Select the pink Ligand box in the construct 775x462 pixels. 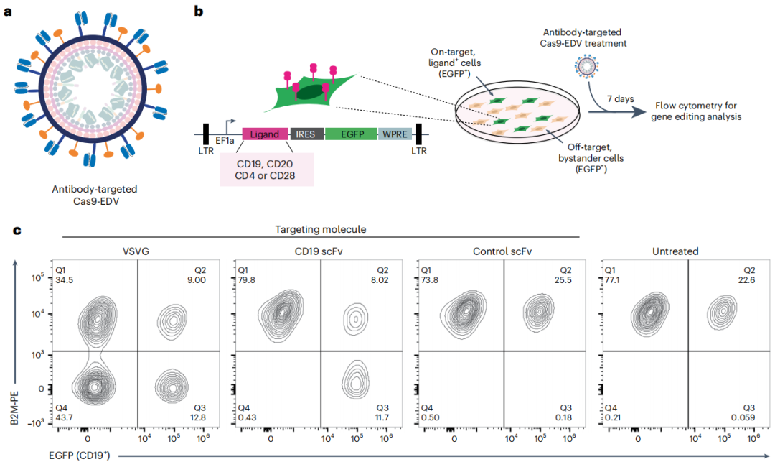click(265, 134)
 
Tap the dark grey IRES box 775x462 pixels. click(306, 134)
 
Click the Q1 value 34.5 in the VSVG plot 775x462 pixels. click(65, 278)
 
